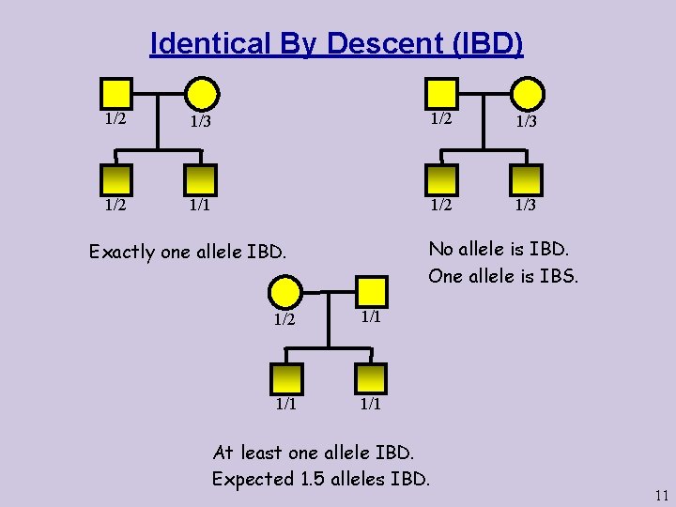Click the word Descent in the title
pos(372,44)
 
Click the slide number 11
pos(662,496)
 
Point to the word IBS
pos(561,276)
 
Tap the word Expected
pos(252,479)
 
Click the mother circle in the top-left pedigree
pos(202,93)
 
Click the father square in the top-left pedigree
pos(115,93)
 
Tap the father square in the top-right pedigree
pos(441,93)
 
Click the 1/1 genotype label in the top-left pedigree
pos(199,205)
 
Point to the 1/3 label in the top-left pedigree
pos(199,121)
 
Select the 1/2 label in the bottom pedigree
pos(286,319)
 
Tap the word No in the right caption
pos(440,249)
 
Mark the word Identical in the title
pos(208,44)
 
